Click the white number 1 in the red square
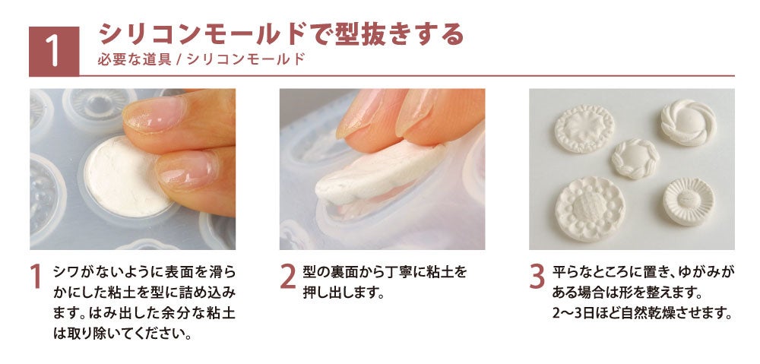54,52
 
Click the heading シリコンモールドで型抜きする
280,35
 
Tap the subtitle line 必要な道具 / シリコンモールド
201,59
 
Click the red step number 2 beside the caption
288,278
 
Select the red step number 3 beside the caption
537,278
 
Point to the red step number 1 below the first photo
36,278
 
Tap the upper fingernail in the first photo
154,115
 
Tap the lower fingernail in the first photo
187,169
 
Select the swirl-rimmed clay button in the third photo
689,122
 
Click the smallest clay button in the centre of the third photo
635,159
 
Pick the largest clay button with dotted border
591,209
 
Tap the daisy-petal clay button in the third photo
689,201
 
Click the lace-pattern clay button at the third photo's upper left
584,129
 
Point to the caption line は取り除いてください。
121,334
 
